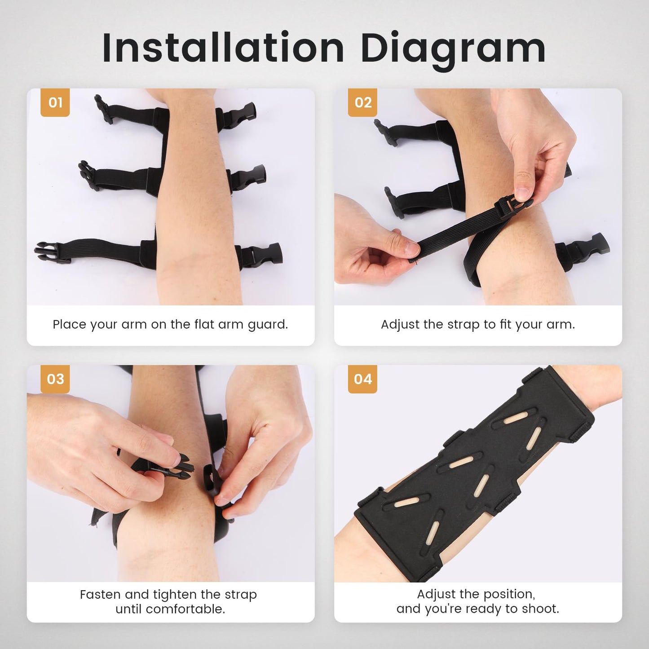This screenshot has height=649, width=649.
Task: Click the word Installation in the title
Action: click(x=223, y=48)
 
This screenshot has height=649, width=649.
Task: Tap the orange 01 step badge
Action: click(x=55, y=102)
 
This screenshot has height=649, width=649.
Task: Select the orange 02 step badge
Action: click(x=362, y=102)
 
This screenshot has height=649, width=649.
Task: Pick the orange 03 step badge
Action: click(x=55, y=379)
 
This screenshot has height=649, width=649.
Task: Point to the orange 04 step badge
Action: click(x=362, y=379)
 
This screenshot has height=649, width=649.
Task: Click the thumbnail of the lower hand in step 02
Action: click(x=411, y=248)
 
